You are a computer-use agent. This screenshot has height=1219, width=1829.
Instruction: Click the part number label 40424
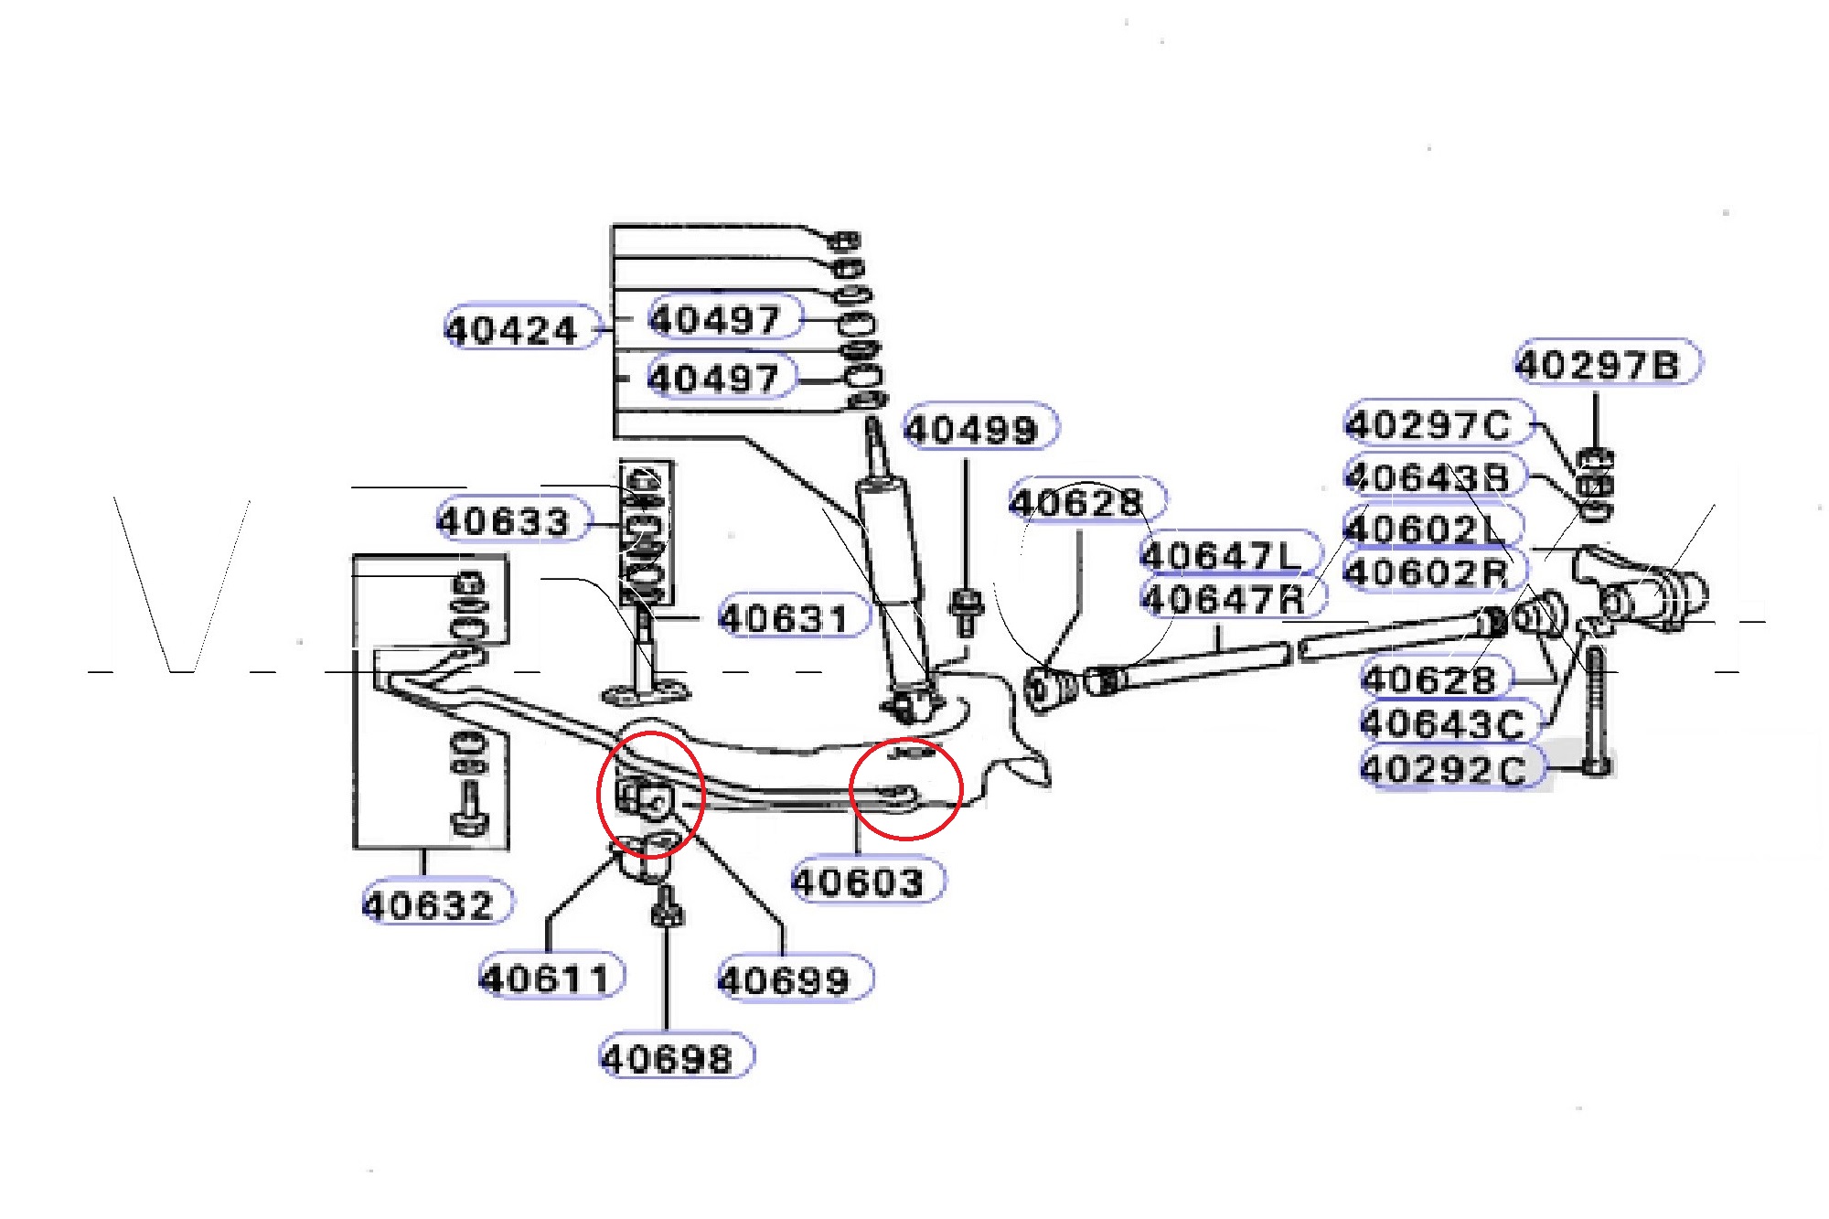pos(512,330)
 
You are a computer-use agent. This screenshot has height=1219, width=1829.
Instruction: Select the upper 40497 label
pos(714,319)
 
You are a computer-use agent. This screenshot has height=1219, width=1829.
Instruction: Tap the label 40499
pos(971,429)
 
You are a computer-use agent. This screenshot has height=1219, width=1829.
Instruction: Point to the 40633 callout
pos(504,521)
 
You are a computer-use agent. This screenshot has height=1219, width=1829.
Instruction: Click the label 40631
pos(785,618)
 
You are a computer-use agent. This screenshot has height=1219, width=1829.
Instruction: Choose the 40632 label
pos(429,905)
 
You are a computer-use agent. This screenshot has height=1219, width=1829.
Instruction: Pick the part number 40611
pos(545,978)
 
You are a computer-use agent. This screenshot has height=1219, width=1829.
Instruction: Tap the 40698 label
pos(668,1059)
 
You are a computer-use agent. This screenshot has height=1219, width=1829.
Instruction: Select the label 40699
pos(785,980)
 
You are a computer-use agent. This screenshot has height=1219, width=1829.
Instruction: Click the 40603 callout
pos(858,882)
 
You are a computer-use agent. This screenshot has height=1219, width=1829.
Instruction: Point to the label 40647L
pos(1221,555)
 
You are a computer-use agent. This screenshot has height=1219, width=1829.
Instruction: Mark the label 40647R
pos(1224,600)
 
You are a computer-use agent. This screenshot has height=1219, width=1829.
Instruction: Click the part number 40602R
pos(1427,573)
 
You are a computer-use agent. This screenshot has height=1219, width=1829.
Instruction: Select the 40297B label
pos(1598,365)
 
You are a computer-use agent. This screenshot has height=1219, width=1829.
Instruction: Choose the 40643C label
pos(1442,724)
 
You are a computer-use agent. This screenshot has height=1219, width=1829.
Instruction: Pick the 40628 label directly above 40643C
pos(1428,679)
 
